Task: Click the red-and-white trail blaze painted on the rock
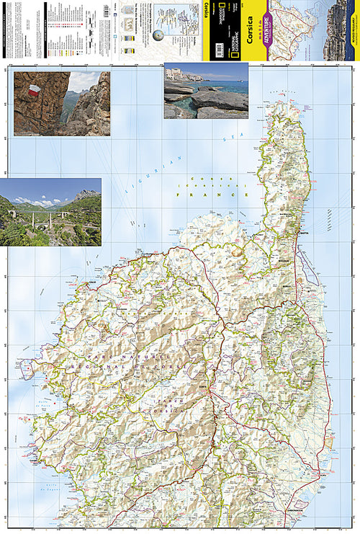[x=33, y=91]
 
